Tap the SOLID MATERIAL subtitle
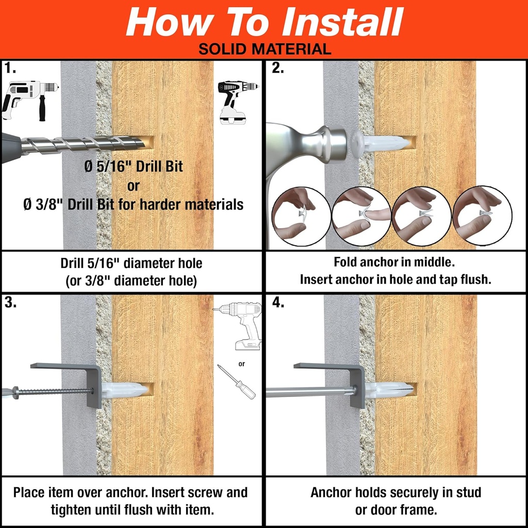point(264,49)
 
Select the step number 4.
point(278,303)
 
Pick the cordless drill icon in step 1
point(236,101)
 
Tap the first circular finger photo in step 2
point(300,216)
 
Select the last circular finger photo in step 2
point(482,216)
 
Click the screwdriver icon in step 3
point(236,382)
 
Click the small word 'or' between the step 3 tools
point(241,364)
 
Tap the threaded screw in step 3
point(52,391)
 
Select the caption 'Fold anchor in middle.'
point(394,262)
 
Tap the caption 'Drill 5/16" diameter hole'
point(131,263)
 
